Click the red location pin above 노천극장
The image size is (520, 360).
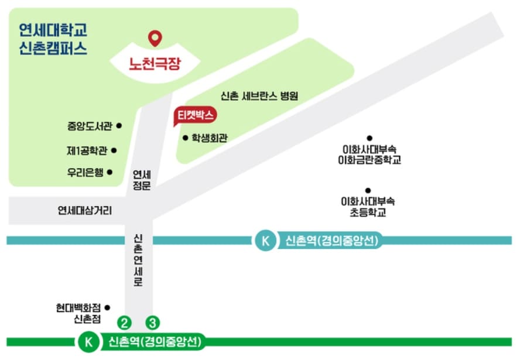click(x=155, y=38)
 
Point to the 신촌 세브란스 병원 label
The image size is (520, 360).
click(x=259, y=96)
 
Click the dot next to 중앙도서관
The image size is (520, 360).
click(x=119, y=125)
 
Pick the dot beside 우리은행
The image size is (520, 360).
click(x=110, y=172)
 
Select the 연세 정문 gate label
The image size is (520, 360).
click(x=142, y=180)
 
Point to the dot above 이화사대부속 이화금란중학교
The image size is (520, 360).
click(x=370, y=138)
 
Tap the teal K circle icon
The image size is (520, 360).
click(x=265, y=241)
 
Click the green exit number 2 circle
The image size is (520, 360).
click(x=124, y=322)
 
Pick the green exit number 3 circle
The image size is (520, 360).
click(x=152, y=322)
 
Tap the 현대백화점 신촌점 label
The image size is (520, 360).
click(x=79, y=313)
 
